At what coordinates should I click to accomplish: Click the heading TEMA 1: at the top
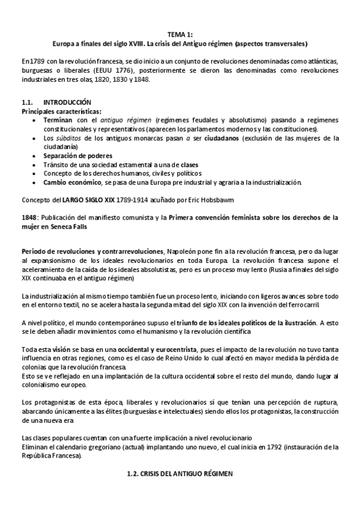tap(180, 35)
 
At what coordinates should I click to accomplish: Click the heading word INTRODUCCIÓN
tap(68, 103)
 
